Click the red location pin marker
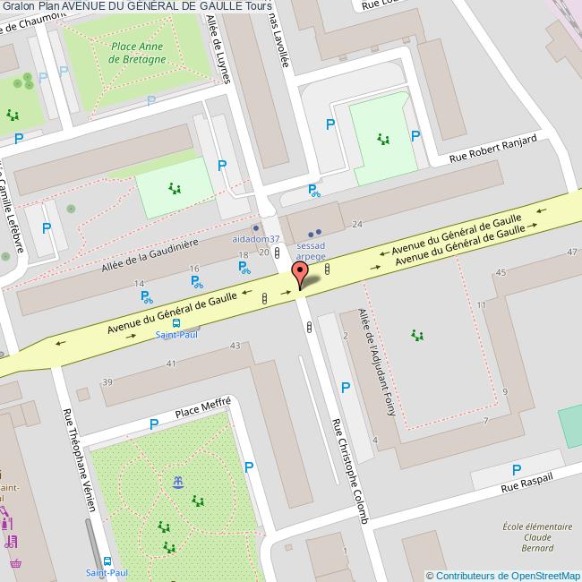pyautogui.click(x=301, y=273)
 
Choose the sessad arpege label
pyautogui.click(x=311, y=249)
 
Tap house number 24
pyautogui.click(x=357, y=224)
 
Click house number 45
pyautogui.click(x=501, y=272)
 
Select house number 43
pyautogui.click(x=235, y=346)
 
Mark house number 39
pyautogui.click(x=107, y=382)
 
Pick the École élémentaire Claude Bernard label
pyautogui.click(x=537, y=537)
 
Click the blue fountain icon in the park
pyautogui.click(x=178, y=483)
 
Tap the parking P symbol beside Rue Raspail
pyautogui.click(x=516, y=469)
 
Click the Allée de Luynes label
pyautogui.click(x=218, y=49)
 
